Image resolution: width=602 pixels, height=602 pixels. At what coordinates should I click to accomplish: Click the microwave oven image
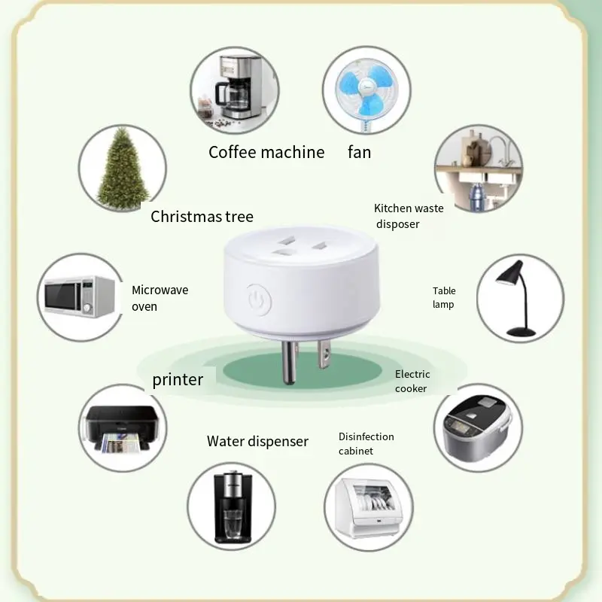pos(79,296)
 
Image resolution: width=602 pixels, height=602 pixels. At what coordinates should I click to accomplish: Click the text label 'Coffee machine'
pos(266,152)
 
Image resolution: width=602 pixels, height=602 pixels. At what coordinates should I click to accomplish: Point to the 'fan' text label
pos(359,152)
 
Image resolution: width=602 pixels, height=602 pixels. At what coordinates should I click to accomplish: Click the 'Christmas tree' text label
pos(202,217)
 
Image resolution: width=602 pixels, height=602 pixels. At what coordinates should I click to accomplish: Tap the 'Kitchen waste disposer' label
pos(409,216)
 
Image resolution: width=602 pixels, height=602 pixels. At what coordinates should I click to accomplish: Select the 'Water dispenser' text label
pos(257,442)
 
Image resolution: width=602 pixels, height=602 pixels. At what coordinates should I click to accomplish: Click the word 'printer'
pos(178,379)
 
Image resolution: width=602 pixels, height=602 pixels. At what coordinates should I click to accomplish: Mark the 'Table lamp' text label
pos(444,297)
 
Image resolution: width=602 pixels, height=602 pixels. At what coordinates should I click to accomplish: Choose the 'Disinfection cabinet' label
pos(366,444)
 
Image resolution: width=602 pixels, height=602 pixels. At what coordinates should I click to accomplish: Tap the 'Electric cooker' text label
pos(412,381)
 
